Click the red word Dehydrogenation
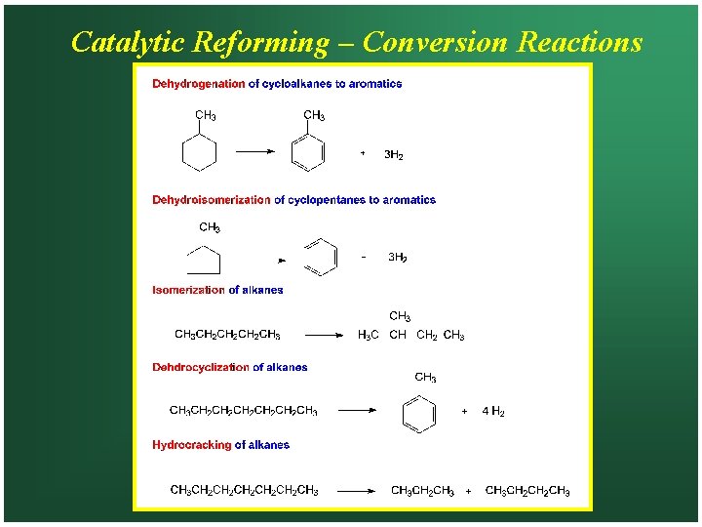pyautogui.click(x=198, y=84)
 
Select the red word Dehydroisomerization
pyautogui.click(x=211, y=200)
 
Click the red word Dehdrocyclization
pyautogui.click(x=200, y=368)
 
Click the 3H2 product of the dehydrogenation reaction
pyautogui.click(x=394, y=155)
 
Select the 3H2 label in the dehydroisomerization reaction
pyautogui.click(x=398, y=258)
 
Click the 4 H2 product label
pyautogui.click(x=493, y=412)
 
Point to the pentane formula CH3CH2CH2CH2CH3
pyautogui.click(x=227, y=336)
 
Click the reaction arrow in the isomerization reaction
pyautogui.click(x=325, y=335)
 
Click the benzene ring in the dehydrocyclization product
pyautogui.click(x=418, y=413)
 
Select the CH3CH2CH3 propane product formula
pyautogui.click(x=422, y=490)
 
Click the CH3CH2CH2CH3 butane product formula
pyautogui.click(x=527, y=490)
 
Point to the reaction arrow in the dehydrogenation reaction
pyautogui.click(x=256, y=151)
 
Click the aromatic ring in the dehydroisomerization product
pyautogui.click(x=320, y=257)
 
